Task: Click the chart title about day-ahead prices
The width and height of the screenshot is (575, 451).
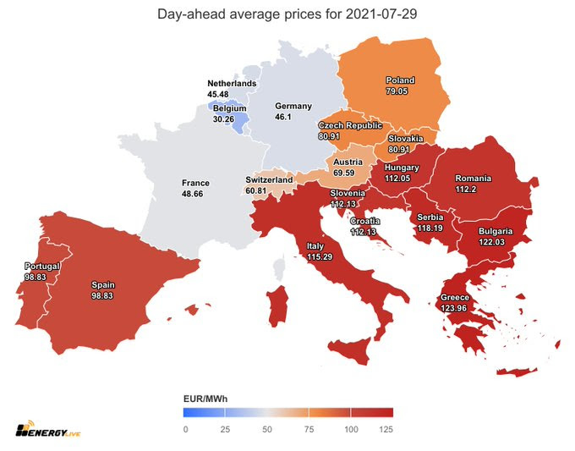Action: click(287, 14)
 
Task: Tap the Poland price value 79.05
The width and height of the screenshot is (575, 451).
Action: click(397, 91)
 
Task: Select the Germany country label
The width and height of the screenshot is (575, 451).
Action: click(293, 106)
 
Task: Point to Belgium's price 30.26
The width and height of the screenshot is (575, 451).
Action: click(223, 119)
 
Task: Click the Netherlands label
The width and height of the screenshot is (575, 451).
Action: click(232, 84)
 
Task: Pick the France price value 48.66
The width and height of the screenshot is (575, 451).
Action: click(192, 194)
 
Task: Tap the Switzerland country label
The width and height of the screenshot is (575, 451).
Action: click(269, 180)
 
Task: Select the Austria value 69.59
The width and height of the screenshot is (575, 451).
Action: click(344, 173)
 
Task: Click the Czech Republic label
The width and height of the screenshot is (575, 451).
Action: click(350, 125)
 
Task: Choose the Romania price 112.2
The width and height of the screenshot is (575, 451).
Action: click(466, 190)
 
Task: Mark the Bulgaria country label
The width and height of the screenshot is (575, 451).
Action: click(496, 231)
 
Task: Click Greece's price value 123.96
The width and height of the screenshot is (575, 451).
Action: click(453, 308)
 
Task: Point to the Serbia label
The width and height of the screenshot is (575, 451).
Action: click(430, 217)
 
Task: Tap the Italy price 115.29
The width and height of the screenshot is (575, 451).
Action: click(320, 257)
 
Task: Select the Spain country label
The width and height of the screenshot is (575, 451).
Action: click(103, 285)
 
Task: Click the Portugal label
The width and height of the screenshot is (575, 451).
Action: click(42, 267)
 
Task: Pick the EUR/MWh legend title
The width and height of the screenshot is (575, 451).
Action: click(205, 399)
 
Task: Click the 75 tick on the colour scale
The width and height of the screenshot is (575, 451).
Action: click(309, 429)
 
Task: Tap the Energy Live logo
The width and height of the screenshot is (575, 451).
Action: click(47, 429)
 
